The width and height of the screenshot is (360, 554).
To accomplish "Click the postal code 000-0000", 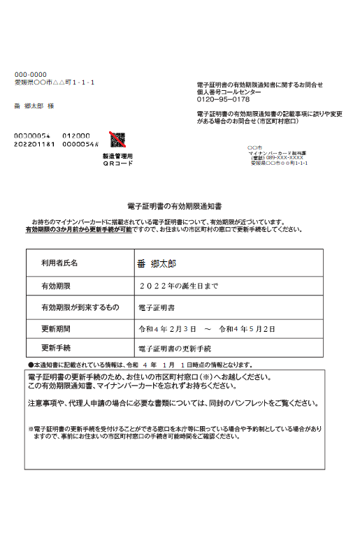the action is coord(31,74).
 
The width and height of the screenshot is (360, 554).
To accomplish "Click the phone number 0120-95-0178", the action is coord(223,99).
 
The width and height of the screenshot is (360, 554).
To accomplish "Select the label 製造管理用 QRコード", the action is coord(117,160).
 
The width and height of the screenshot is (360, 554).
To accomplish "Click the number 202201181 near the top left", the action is coord(34,144).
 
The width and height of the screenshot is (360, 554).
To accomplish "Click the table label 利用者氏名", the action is coord(60,263).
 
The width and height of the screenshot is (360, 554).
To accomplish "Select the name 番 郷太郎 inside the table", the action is coord(157,263).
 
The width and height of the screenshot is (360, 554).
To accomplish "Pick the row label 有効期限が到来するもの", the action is coord(80,307).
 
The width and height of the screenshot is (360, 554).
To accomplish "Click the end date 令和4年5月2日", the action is coord(247,328).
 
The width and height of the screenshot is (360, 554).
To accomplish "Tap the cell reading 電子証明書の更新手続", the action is coord(175,348).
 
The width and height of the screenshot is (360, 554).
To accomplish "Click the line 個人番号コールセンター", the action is coord(229,92).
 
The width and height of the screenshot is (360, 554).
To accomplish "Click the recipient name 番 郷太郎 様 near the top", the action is coord(35,105).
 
